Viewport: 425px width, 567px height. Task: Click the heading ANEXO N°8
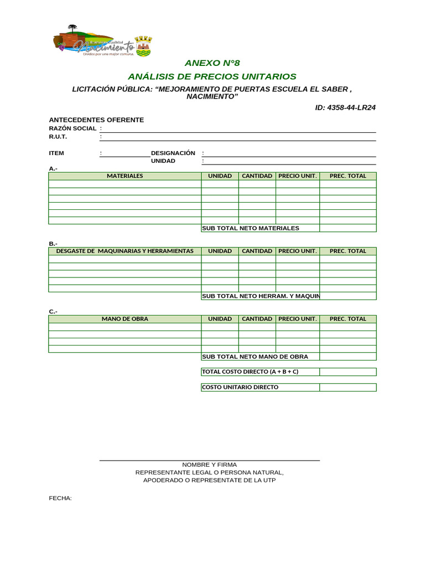[212, 63]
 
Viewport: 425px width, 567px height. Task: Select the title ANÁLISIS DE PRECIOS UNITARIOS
[212, 76]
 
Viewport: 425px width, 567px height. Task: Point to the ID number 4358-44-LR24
[345, 107]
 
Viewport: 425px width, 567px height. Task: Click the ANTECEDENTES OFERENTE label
[96, 120]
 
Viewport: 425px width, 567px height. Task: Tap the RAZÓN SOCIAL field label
[72, 128]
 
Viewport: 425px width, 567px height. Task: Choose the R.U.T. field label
[58, 137]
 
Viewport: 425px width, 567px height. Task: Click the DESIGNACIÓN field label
[173, 153]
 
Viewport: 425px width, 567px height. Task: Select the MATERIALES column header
[125, 176]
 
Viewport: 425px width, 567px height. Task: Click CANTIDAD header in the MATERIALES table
[257, 176]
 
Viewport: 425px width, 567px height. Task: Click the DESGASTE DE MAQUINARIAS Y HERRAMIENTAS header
[125, 251]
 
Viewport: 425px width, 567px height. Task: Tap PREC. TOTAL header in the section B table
[348, 251]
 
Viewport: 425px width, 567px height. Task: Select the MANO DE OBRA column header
[125, 319]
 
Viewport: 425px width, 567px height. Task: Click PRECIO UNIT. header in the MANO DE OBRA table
[297, 319]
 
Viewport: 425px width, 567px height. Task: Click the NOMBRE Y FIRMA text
[209, 465]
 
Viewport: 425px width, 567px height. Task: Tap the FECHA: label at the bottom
[60, 498]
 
